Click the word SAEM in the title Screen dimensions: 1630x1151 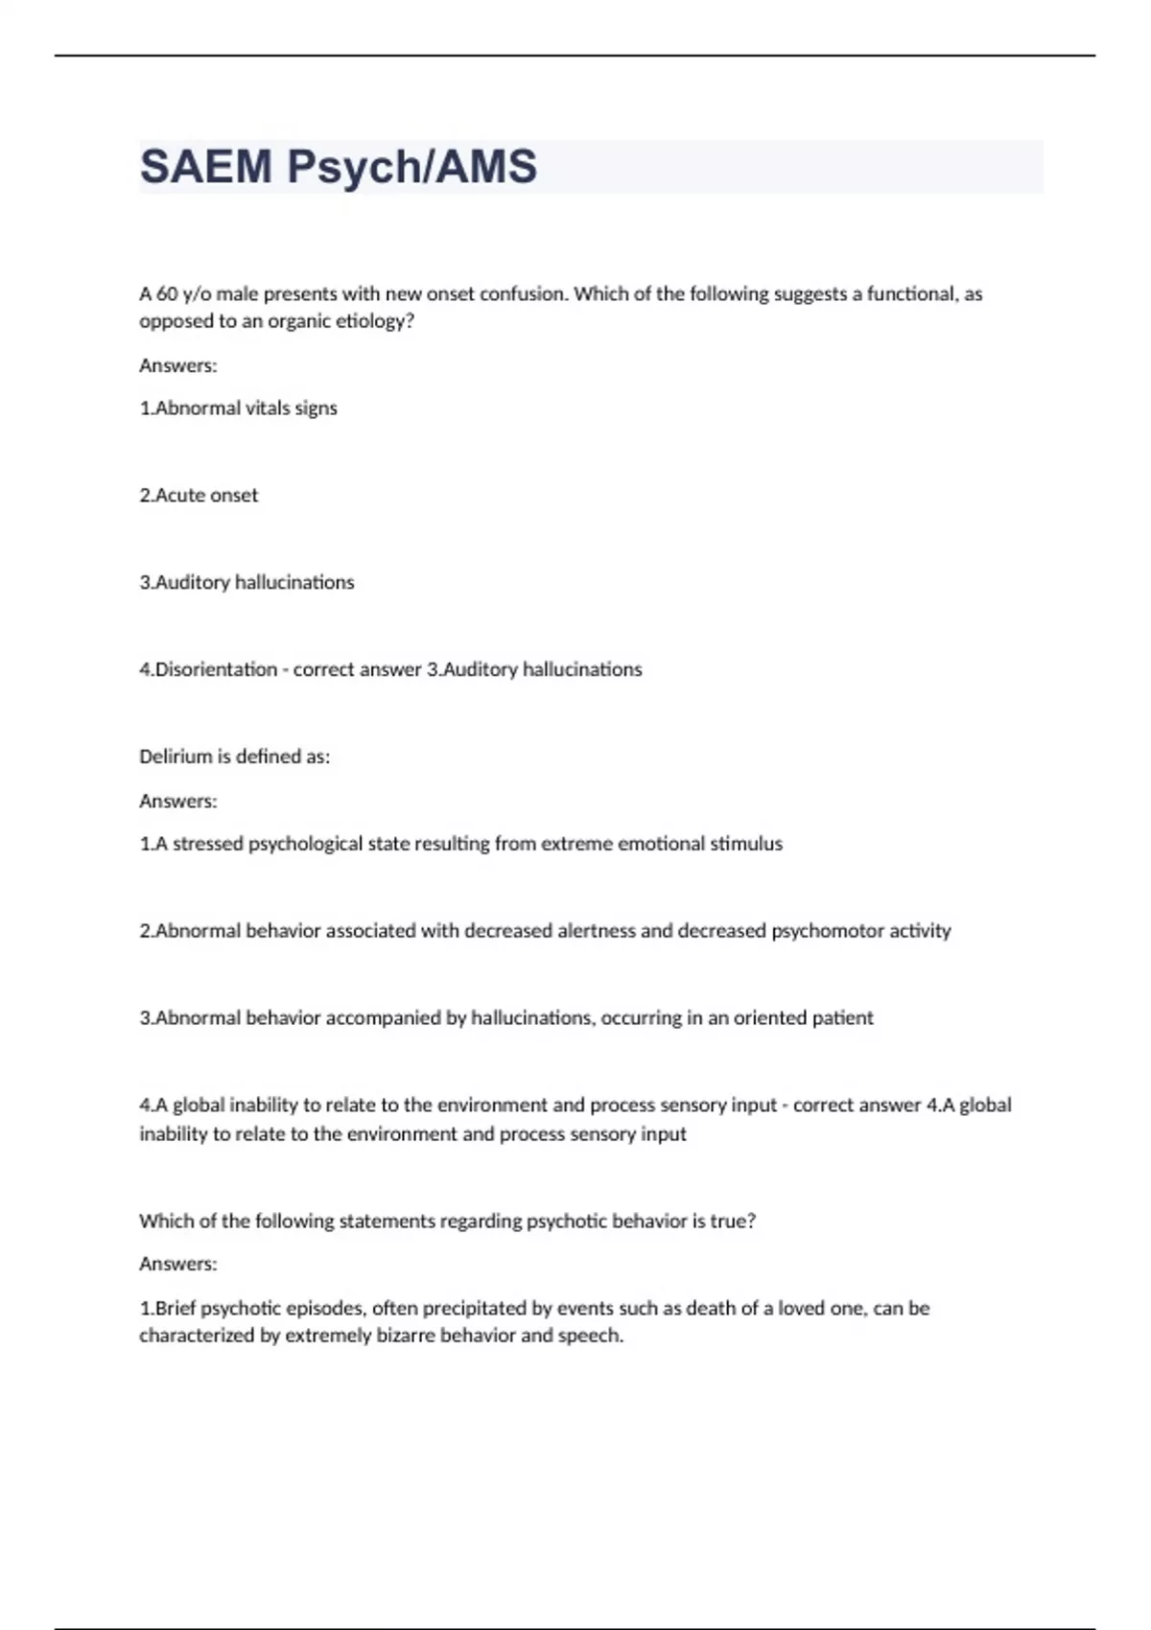205,167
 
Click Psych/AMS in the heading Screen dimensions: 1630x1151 411,167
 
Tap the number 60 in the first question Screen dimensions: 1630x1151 166,294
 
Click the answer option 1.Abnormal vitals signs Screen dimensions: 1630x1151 238,408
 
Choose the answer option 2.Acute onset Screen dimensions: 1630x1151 199,496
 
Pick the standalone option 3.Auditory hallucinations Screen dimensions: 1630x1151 247,583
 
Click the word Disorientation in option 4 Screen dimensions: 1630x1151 216,669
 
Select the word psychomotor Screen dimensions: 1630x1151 828,931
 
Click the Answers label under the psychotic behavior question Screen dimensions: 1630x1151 178,1265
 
